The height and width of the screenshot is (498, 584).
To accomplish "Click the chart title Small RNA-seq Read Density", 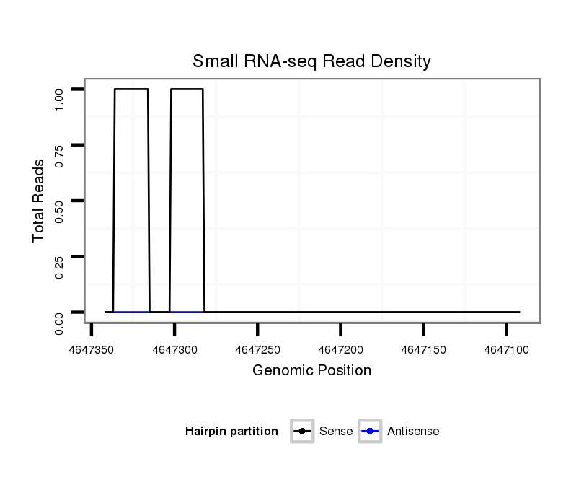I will tap(311, 61).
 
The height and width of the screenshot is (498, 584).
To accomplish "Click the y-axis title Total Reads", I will tap(39, 200).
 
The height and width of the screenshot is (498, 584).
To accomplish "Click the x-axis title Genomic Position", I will tap(311, 371).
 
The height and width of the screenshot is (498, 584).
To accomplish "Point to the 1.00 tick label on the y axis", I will tap(60, 99).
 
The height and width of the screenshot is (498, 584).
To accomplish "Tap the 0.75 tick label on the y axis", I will tap(60, 155).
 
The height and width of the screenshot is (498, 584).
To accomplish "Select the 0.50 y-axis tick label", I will tap(60, 211).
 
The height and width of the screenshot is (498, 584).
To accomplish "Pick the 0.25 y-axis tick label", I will tap(60, 266).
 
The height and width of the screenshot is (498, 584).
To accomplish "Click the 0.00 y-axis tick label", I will tap(60, 323).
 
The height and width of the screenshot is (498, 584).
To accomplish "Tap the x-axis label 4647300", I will tap(175, 349).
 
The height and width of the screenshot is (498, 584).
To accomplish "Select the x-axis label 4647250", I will tap(258, 349).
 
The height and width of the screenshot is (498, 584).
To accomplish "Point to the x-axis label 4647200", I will tap(341, 349).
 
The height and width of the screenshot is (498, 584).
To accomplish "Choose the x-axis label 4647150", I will tap(424, 349).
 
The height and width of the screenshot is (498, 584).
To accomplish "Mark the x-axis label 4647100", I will tap(507, 349).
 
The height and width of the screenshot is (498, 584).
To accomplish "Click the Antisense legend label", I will tap(413, 432).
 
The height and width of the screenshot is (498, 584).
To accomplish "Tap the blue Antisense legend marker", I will tap(369, 432).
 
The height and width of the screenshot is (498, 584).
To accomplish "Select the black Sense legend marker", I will tap(302, 432).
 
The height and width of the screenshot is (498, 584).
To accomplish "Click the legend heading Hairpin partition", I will tap(231, 432).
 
